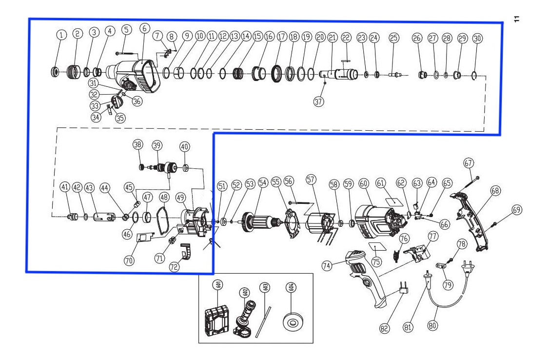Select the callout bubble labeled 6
click(x=144, y=29)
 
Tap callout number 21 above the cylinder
click(x=332, y=37)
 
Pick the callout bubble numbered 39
click(x=157, y=146)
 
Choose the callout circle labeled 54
click(x=263, y=183)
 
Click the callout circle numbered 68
click(x=495, y=191)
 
